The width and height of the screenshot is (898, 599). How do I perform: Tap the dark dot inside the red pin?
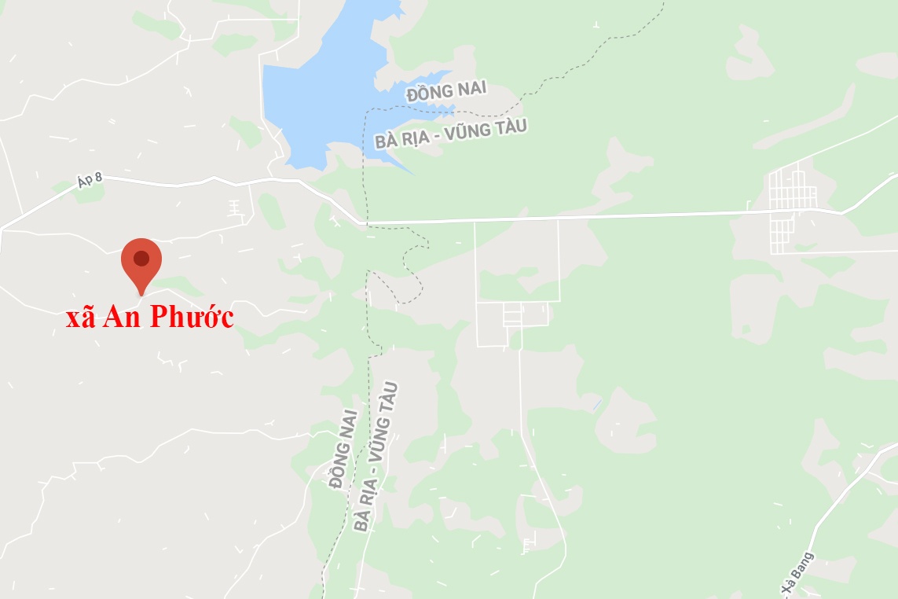coord(141,258)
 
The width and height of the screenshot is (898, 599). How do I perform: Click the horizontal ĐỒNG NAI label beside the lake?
coord(441,92)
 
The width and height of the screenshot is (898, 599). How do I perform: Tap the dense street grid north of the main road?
coord(794,189)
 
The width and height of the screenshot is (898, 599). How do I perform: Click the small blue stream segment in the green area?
coord(597,405)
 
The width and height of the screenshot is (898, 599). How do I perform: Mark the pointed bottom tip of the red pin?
coord(141,296)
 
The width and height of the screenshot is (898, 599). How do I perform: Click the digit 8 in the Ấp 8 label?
coord(99,178)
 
